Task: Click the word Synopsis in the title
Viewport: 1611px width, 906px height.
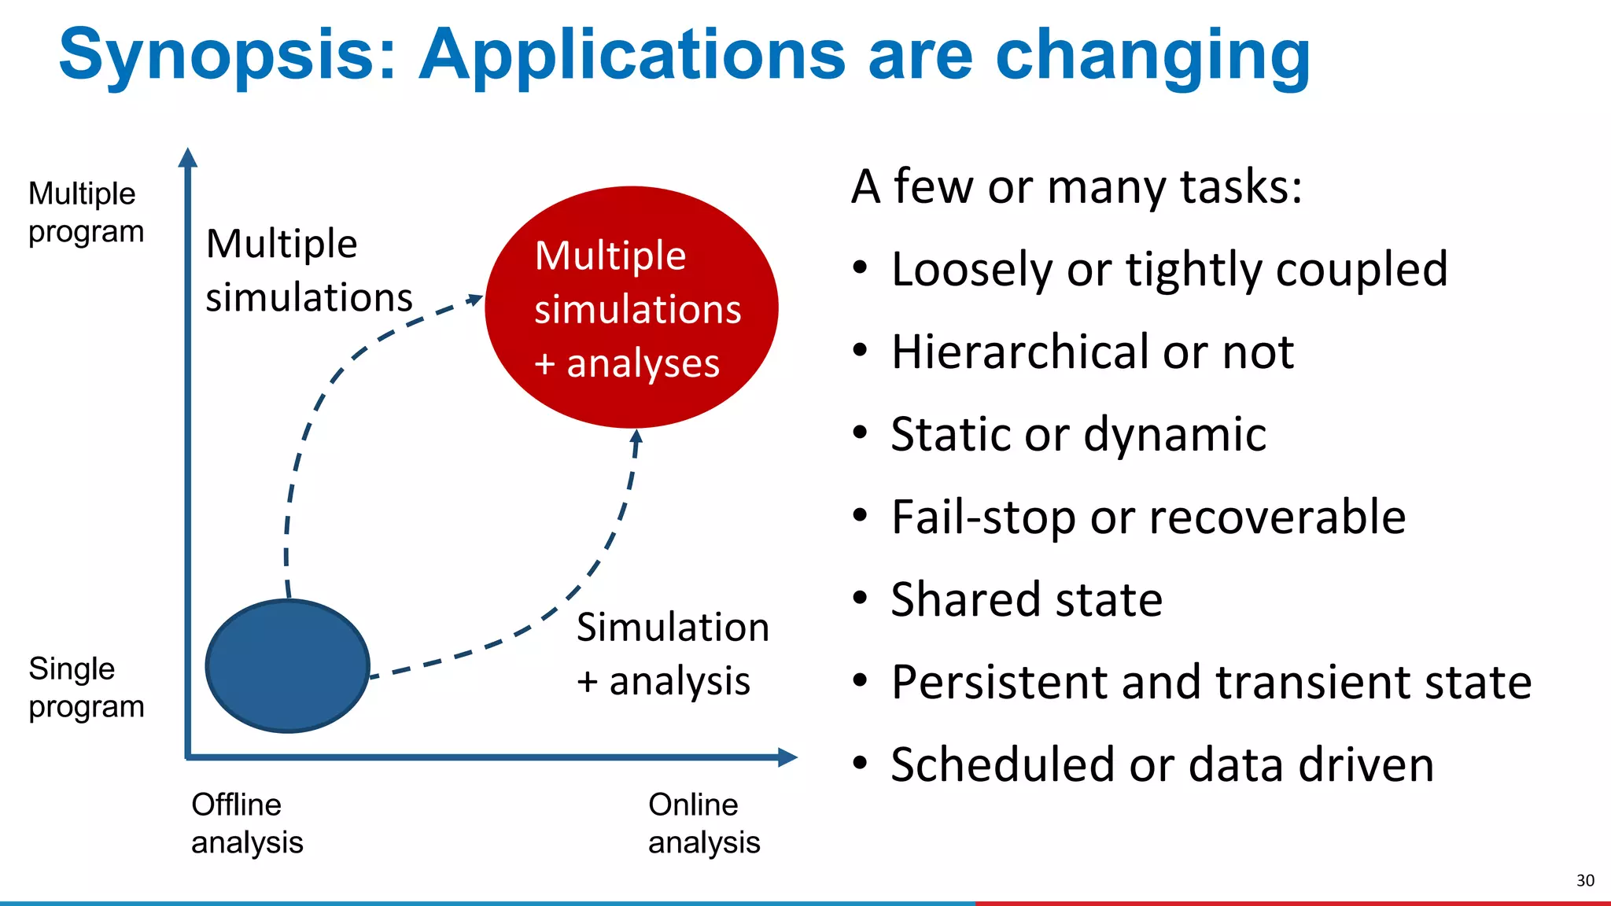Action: pos(227,55)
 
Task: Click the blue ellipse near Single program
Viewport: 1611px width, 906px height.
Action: pos(288,666)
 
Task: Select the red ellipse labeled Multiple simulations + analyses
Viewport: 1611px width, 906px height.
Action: pos(632,308)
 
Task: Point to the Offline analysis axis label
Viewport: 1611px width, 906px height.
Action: pos(246,823)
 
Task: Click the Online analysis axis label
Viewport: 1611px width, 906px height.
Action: pos(703,823)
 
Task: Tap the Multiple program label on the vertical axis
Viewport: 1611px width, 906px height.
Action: pos(85,212)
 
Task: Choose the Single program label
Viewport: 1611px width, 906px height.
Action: pos(85,687)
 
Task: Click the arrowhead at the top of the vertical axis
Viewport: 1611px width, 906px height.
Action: pos(187,157)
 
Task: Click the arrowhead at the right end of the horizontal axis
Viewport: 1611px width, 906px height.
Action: pos(788,757)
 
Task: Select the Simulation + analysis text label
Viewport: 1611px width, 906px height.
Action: pos(672,654)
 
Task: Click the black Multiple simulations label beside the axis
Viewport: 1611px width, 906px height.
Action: pos(308,271)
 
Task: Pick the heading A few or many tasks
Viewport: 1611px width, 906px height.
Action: pos(1076,187)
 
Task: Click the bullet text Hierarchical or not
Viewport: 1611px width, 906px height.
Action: pos(1092,352)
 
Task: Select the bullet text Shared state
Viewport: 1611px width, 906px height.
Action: pos(1026,599)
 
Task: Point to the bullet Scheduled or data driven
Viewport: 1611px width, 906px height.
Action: pos(1162,764)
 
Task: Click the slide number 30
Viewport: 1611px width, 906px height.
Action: pos(1585,880)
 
